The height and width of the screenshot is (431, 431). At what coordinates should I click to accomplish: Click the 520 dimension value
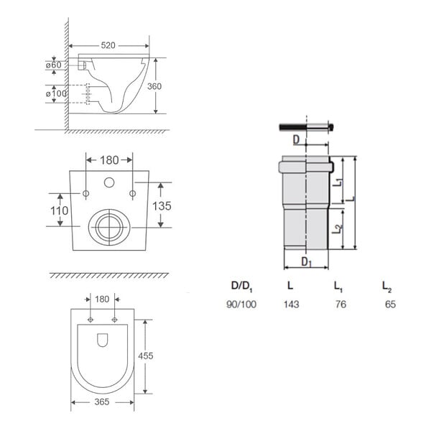click(108, 45)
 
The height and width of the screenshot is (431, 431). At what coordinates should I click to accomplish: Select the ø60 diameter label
click(54, 65)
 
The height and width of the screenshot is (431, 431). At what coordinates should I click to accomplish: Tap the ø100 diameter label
click(56, 93)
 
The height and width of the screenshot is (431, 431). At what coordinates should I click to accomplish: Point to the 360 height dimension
click(154, 86)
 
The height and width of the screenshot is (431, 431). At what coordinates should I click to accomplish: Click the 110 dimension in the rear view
click(60, 210)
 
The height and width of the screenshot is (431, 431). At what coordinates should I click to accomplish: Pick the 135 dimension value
click(162, 206)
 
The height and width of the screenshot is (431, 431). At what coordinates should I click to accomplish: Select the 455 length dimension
click(146, 356)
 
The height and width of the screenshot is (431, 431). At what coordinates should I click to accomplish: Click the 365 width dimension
click(102, 402)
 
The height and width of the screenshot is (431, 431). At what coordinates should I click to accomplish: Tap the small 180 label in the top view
click(102, 299)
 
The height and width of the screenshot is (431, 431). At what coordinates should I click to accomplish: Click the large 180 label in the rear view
click(109, 160)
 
